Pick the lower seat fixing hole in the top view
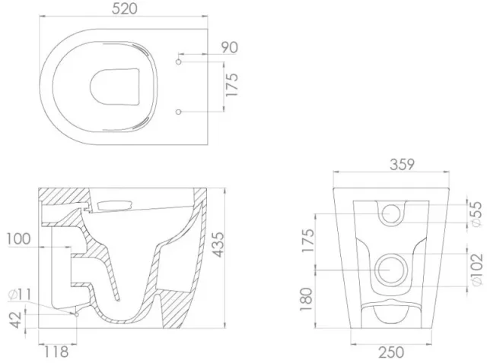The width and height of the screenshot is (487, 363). click(x=179, y=112)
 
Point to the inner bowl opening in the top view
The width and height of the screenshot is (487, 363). click(x=118, y=87)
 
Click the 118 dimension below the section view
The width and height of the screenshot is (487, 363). click(x=56, y=352)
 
